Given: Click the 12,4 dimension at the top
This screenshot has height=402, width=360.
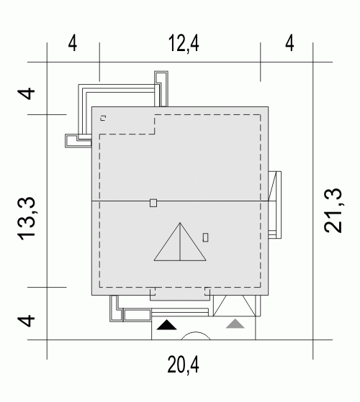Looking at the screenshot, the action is point(184,44).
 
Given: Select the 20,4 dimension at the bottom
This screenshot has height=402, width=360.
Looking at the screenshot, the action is point(183,365).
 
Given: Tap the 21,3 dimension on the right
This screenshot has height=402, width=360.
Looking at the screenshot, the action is point(333,211).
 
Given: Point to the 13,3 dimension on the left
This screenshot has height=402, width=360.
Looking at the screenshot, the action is point(26,219).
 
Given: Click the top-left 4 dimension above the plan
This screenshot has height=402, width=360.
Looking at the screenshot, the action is point(73,44).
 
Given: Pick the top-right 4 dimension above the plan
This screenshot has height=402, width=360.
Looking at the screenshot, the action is point(289,43).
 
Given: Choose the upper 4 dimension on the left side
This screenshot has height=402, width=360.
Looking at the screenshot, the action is point(26,93).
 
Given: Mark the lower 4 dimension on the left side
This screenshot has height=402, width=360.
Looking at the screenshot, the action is point(26,321).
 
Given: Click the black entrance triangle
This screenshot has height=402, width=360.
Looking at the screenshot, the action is point(166,325).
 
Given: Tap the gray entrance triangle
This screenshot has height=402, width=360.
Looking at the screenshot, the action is point(235,324).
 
